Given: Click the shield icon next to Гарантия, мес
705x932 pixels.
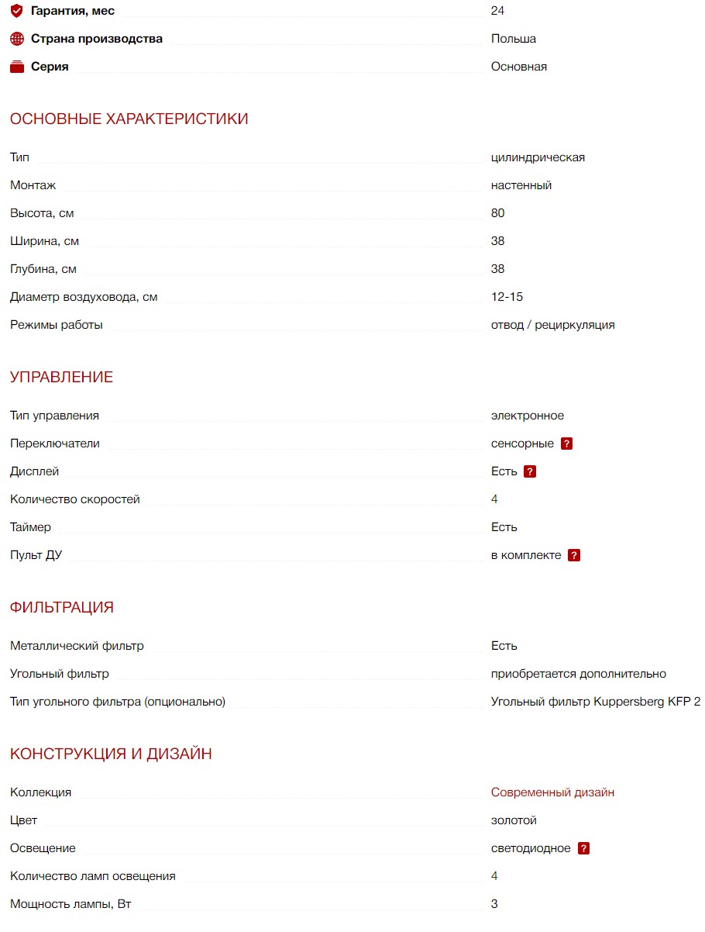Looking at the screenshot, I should click(x=17, y=11).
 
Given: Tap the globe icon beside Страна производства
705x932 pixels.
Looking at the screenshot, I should click(x=17, y=39).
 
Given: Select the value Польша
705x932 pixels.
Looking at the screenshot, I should click(x=513, y=39).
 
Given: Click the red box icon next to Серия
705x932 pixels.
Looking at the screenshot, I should click(x=17, y=67).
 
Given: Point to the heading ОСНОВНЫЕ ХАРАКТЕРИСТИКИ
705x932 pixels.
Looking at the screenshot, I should click(x=129, y=119).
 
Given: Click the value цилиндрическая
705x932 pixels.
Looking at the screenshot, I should click(x=538, y=157).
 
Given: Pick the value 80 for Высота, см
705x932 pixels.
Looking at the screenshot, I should click(x=497, y=213).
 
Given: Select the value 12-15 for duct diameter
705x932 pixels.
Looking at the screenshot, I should click(x=507, y=297).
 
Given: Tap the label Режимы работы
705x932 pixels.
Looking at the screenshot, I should click(x=57, y=325).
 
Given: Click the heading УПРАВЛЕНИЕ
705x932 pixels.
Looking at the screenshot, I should click(x=61, y=377).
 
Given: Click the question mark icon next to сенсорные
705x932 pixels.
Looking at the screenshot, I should click(x=567, y=444).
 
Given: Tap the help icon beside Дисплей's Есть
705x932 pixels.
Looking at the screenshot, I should click(x=530, y=471).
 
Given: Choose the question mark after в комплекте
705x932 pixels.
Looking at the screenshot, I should click(x=574, y=555).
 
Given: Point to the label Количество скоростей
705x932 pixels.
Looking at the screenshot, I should click(x=75, y=499).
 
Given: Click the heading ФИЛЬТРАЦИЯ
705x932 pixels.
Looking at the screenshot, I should click(x=61, y=607).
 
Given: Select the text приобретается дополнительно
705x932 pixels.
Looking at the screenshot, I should click(x=578, y=674).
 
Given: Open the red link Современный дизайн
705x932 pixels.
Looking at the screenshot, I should click(x=552, y=792).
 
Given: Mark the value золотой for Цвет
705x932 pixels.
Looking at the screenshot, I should click(x=514, y=820).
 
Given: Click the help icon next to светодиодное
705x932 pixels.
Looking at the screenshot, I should click(x=583, y=848).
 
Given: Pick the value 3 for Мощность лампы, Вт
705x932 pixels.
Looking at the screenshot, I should click(x=494, y=904).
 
